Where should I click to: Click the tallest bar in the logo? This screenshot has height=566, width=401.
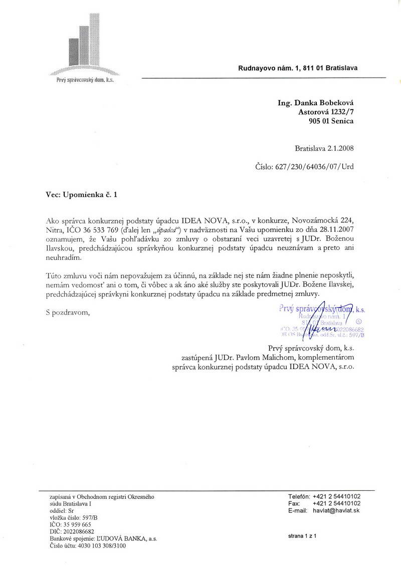click(x=93, y=38)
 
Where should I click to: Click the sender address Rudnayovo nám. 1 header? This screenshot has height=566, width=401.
click(x=298, y=69)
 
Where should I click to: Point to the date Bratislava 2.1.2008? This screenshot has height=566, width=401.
click(x=324, y=148)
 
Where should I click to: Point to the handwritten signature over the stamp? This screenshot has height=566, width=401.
click(x=325, y=323)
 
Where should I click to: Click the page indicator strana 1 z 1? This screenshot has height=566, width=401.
click(x=303, y=535)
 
